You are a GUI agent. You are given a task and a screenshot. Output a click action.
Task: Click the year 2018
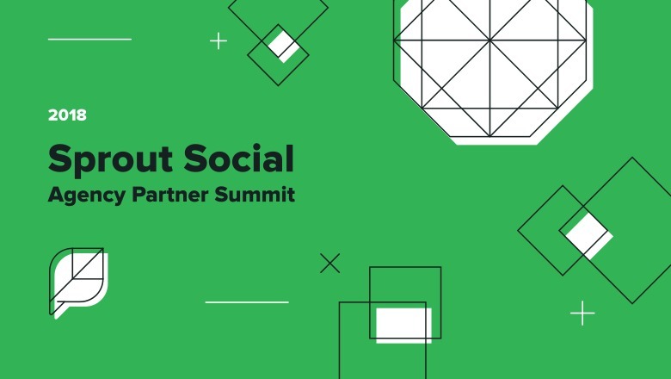click(67, 114)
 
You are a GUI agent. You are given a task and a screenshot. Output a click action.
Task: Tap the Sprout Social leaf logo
click(77, 280)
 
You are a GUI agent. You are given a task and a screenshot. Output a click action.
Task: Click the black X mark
click(329, 263)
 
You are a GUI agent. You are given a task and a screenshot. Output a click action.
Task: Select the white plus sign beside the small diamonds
click(219, 40)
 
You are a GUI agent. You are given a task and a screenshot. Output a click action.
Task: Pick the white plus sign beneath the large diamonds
click(582, 313)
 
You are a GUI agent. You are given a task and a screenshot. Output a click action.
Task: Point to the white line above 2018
click(89, 39)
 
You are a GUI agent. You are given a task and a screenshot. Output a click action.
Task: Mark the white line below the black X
click(247, 302)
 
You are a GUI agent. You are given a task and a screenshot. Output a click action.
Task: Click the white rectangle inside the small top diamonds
click(283, 44)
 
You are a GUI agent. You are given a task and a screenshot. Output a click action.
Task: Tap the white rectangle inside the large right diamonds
click(588, 233)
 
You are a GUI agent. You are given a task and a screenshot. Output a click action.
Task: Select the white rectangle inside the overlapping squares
click(403, 324)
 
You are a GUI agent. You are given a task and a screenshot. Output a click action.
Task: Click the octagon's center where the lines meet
click(490, 40)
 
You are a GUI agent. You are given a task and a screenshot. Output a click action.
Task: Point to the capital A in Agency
click(54, 195)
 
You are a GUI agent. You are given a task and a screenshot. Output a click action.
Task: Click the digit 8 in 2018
click(81, 114)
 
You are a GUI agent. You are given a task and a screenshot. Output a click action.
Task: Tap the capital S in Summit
click(228, 195)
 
